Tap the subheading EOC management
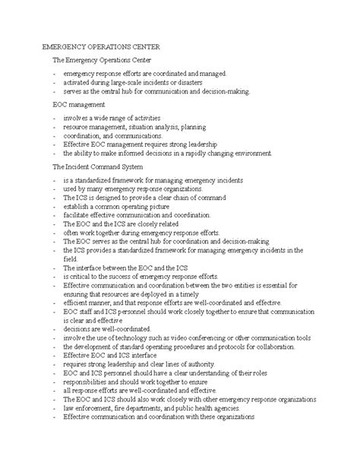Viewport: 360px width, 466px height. (80, 103)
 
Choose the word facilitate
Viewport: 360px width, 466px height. (78, 215)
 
